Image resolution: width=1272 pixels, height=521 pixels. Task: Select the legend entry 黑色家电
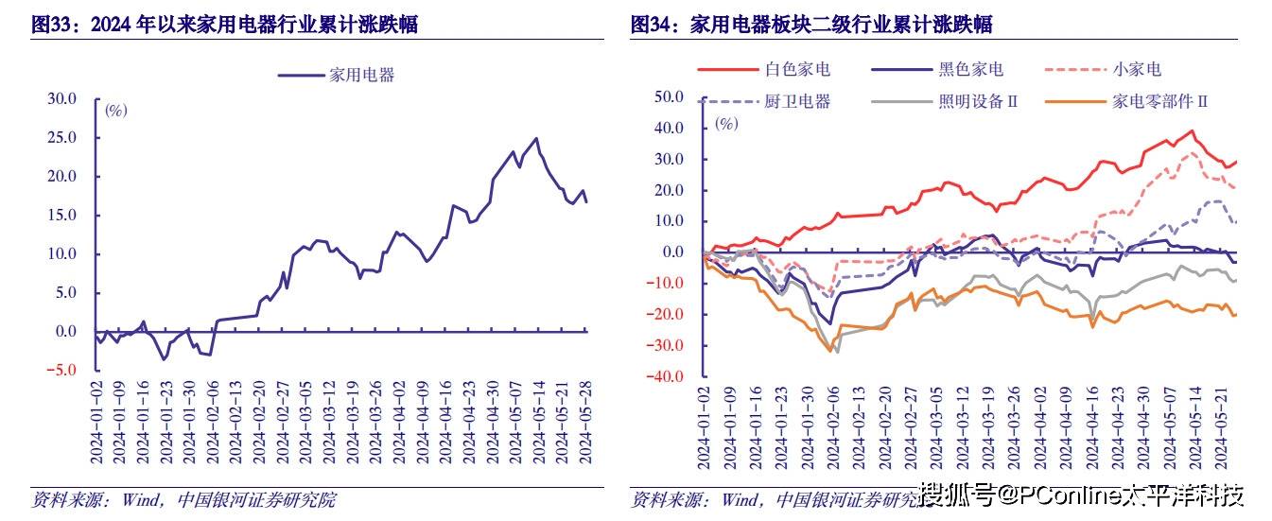[971, 69]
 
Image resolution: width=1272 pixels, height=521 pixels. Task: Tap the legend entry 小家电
[1136, 69]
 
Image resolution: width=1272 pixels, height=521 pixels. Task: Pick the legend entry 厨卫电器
[796, 101]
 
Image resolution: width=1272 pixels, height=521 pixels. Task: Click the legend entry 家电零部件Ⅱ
[1160, 101]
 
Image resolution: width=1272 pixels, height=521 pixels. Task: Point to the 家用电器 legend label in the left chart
[361, 75]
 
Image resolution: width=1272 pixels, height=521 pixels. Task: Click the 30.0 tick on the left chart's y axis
[61, 99]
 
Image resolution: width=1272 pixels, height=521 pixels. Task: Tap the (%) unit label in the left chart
[115, 111]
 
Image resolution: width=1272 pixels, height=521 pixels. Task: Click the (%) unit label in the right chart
[725, 124]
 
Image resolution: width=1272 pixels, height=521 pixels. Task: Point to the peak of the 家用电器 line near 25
[537, 138]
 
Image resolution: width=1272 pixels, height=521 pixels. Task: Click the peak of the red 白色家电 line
[1192, 130]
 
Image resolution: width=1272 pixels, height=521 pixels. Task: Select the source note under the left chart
[184, 499]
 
